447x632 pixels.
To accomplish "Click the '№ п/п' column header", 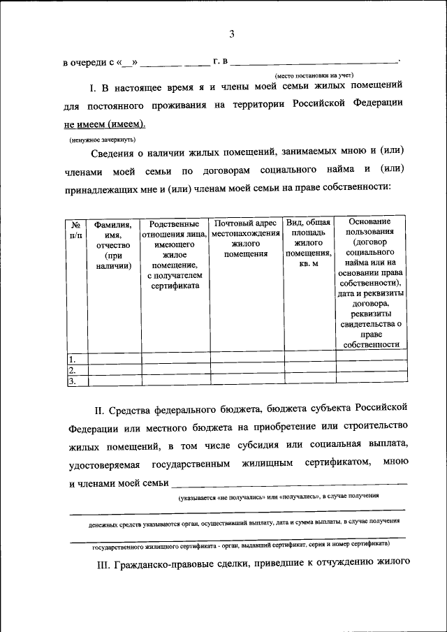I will pos(76,230).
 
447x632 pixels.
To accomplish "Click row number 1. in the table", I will pos(72,359).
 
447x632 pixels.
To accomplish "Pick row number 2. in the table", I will pos(72,370).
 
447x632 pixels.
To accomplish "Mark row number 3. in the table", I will pos(72,381).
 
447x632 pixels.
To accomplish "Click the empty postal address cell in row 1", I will pos(246,359).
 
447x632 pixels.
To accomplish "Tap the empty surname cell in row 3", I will pos(114,381).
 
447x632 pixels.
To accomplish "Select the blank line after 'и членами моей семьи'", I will pos(288,483).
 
